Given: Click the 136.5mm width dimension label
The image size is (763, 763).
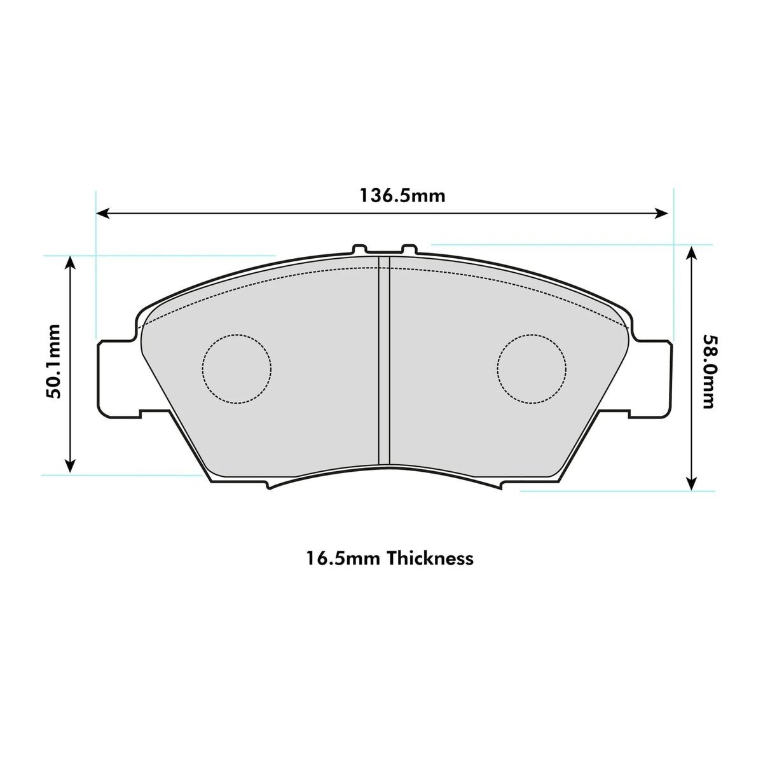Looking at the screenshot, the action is tap(402, 196).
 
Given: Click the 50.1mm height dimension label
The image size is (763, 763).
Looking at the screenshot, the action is tap(53, 361).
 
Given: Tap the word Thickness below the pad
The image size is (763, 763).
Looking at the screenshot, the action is tap(430, 558).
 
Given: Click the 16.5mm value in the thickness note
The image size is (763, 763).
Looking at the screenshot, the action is tap(343, 559).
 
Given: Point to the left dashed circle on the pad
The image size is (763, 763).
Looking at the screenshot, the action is tap(237, 369).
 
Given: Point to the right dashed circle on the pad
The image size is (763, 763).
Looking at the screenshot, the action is tap(532, 369).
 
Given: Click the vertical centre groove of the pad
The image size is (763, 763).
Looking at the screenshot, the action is tap(384, 361).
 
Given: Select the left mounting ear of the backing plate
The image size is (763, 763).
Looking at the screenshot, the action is tap(119, 379).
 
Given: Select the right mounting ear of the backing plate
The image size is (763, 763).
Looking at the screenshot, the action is tap(650, 379).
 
